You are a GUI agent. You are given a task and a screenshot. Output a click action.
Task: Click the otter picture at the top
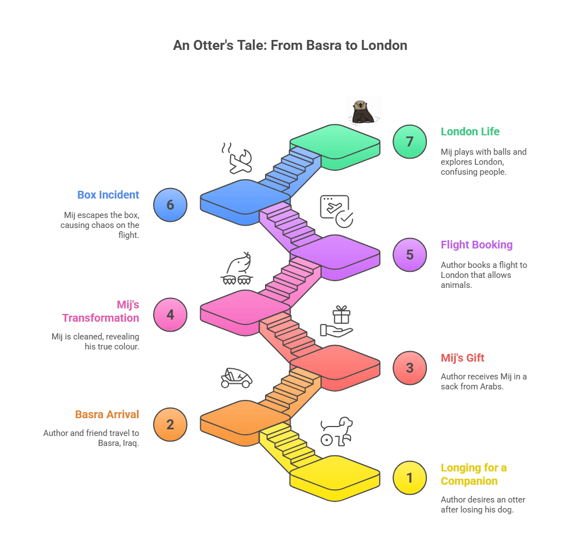click(x=364, y=111)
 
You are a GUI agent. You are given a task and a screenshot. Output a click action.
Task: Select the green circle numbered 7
click(x=409, y=142)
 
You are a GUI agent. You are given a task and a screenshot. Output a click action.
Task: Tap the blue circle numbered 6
click(x=170, y=205)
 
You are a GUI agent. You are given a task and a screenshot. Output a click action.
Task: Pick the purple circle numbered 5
click(x=409, y=255)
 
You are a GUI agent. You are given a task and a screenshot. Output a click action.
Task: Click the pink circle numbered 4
click(x=170, y=314)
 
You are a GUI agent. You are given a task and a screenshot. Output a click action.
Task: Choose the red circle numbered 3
click(x=409, y=368)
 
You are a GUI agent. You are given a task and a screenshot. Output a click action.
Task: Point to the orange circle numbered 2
click(x=170, y=424)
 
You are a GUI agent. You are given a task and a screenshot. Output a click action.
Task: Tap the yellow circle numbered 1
click(x=409, y=478)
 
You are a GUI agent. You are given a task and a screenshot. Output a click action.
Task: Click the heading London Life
click(x=470, y=131)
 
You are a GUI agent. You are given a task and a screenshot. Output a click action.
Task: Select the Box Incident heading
click(x=108, y=195)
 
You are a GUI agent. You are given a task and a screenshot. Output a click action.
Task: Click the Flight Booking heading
click(x=476, y=245)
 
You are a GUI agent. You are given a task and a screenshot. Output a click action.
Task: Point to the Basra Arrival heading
click(x=107, y=414)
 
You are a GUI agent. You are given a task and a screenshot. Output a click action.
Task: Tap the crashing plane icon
click(x=237, y=158)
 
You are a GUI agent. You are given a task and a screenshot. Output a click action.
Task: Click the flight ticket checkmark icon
click(x=337, y=211)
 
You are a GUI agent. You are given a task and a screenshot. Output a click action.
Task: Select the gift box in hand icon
click(x=337, y=321)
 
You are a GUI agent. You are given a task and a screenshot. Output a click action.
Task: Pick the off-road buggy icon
click(x=237, y=378)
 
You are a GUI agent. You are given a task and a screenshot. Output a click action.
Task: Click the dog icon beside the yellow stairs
click(x=337, y=432)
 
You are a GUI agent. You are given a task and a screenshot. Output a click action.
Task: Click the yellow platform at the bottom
click(x=335, y=478)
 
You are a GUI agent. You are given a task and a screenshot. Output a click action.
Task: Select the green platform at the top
click(x=335, y=147)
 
